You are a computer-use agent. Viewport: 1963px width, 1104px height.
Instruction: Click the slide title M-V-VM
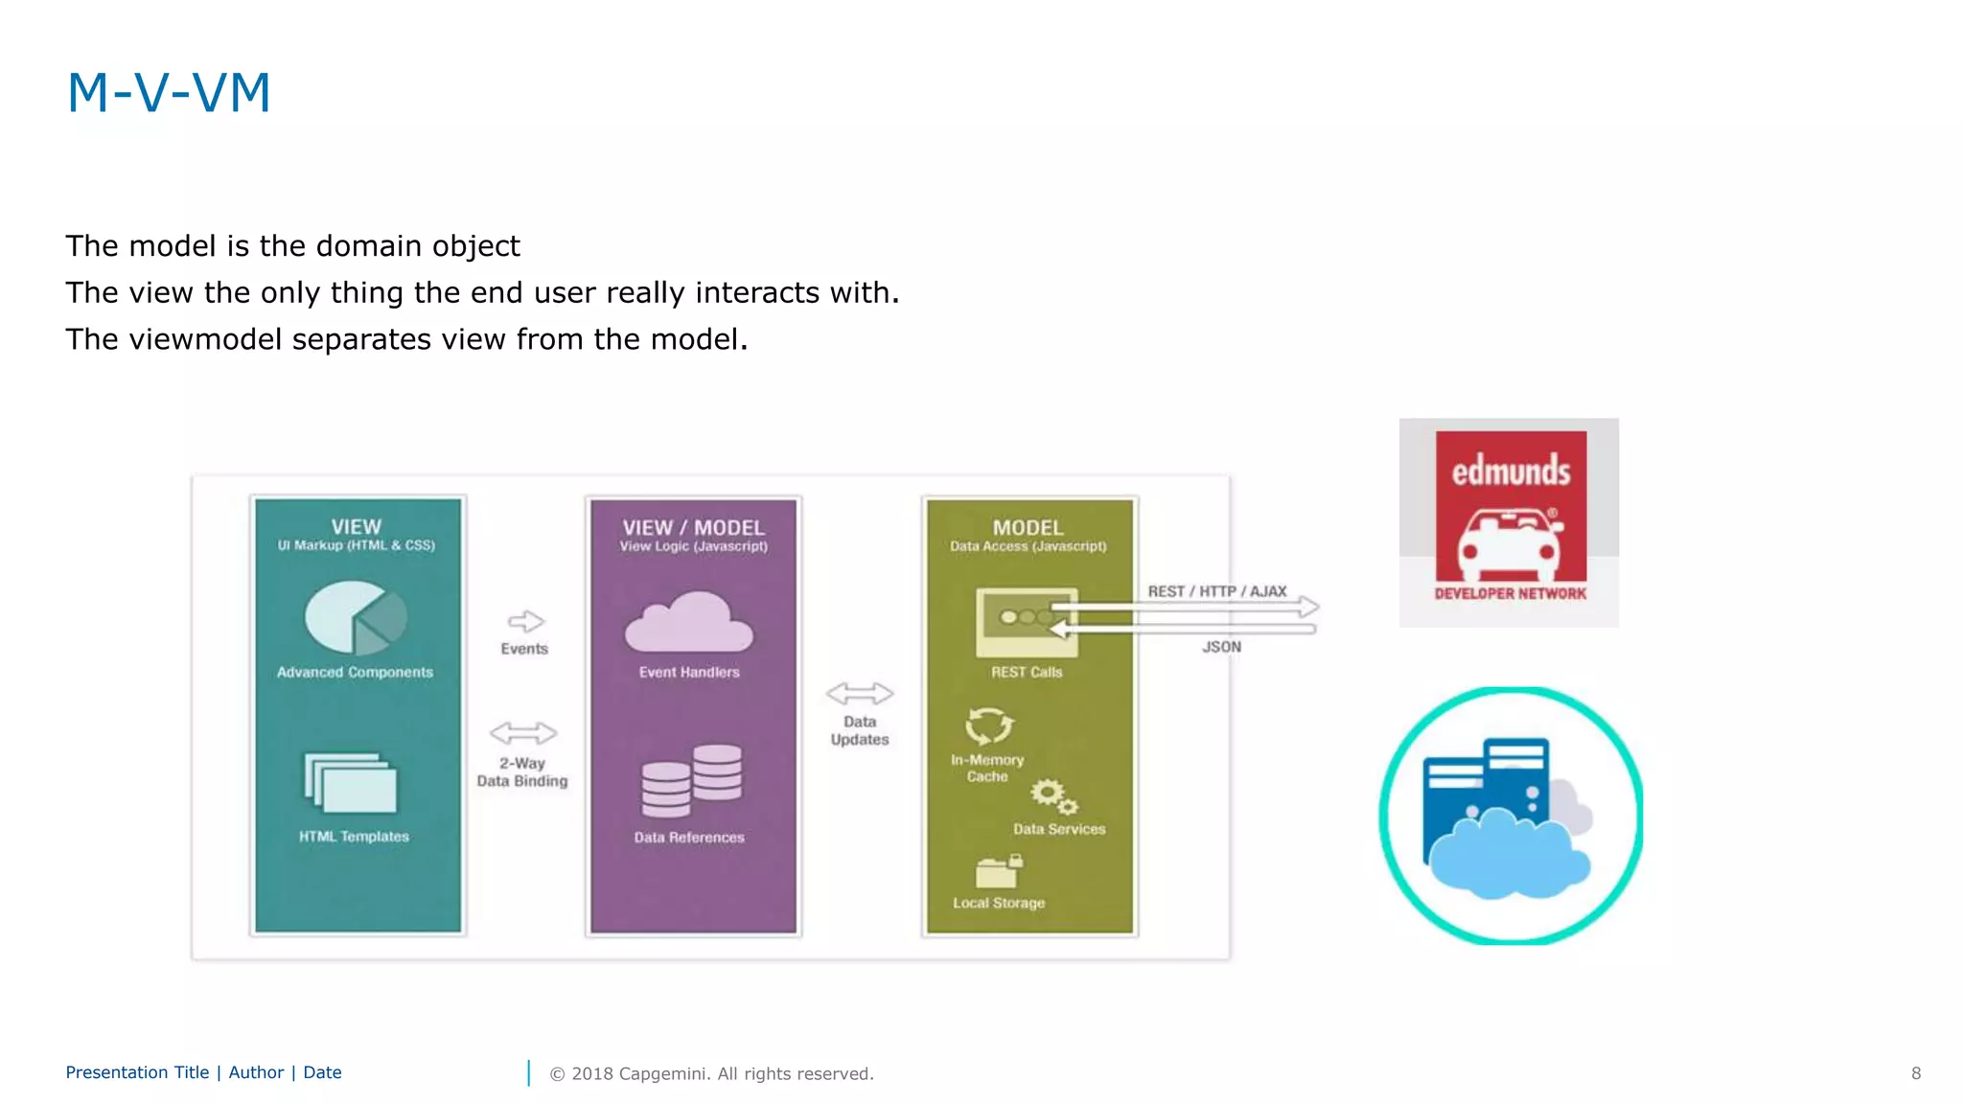(169, 93)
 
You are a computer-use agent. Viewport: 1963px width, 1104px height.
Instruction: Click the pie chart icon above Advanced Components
(354, 618)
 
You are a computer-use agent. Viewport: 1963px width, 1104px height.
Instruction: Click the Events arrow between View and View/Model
(525, 621)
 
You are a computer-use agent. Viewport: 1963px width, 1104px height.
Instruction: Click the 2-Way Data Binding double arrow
(522, 733)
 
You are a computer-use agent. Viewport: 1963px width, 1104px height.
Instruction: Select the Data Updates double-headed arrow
(859, 693)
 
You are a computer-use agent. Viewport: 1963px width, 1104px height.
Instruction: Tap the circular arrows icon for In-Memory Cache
(988, 725)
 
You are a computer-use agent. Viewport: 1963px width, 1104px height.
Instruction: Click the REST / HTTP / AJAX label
(1216, 591)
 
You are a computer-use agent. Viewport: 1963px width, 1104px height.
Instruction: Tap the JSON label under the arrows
(1221, 647)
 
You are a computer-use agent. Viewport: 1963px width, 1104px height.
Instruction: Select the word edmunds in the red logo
(1511, 471)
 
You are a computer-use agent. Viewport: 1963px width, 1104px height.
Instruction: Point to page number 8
(1915, 1073)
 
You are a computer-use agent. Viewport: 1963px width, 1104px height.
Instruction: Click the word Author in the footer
(256, 1072)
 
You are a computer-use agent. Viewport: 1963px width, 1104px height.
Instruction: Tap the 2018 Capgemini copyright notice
(711, 1073)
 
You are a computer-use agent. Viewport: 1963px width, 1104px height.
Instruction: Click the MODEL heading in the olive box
(1028, 527)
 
